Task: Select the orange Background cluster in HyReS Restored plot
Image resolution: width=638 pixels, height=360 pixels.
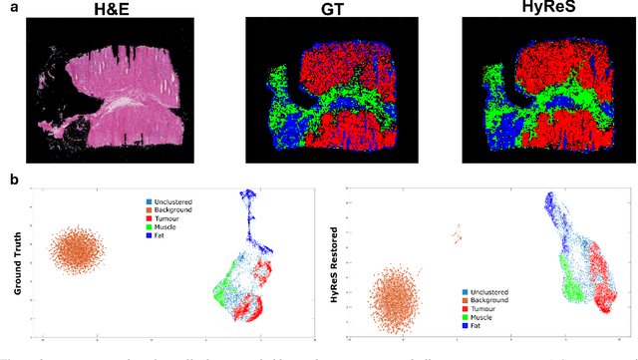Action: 397,300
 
